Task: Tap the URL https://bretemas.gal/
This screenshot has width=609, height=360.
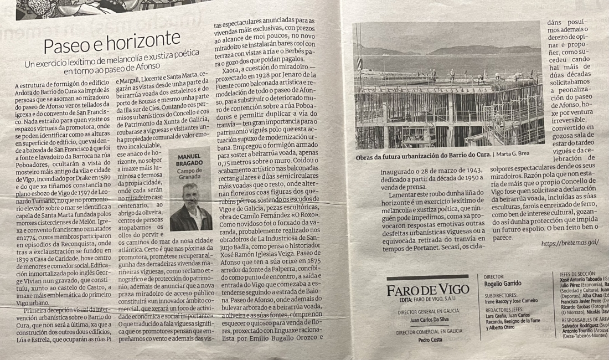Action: pos(570,243)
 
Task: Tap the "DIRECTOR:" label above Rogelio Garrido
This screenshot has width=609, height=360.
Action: pos(494,276)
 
